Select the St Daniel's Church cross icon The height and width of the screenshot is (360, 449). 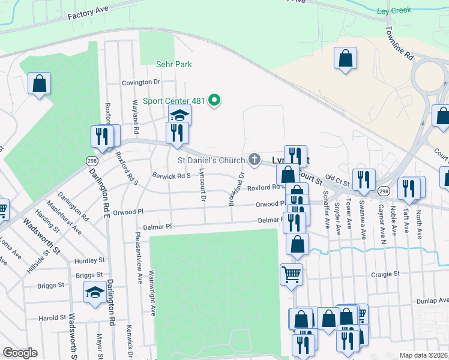click(x=255, y=160)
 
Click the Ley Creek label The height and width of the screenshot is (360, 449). click(x=411, y=11)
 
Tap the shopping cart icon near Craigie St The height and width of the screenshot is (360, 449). click(x=292, y=274)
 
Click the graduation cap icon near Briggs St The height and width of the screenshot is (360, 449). click(x=95, y=292)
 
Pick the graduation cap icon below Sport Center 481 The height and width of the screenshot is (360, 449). click(x=179, y=115)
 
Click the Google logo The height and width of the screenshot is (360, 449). click(x=19, y=353)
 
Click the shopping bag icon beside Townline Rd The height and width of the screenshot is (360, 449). click(x=345, y=58)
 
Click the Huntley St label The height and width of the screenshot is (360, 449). click(x=90, y=261)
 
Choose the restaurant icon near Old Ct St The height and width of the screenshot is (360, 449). click(x=364, y=179)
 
